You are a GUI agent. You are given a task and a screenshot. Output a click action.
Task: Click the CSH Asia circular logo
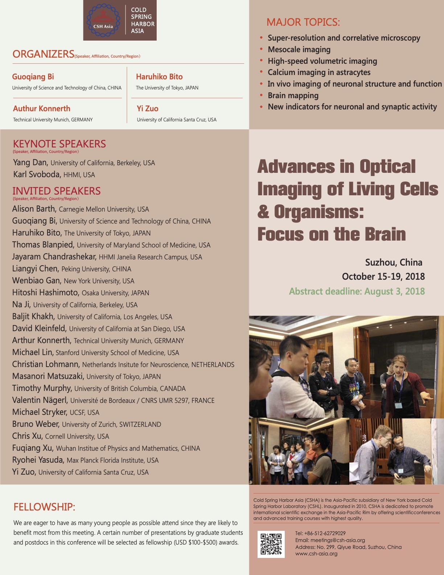[x=103, y=21]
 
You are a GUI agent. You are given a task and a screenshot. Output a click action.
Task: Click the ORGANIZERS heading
[x=43, y=54]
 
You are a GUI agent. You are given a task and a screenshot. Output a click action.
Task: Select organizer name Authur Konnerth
[x=42, y=109]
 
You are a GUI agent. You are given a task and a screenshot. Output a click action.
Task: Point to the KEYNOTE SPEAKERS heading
[x=59, y=144]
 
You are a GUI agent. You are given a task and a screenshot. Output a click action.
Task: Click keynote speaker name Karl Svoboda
[x=37, y=174]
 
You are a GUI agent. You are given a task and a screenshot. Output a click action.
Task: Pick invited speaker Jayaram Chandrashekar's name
[x=54, y=257]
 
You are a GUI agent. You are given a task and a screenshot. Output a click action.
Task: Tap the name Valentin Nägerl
[x=40, y=400]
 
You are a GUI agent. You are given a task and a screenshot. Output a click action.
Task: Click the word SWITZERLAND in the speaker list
[x=140, y=424]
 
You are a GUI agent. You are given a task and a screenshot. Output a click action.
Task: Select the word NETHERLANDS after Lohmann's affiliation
[x=213, y=364]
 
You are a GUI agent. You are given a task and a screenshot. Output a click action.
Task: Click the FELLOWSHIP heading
[x=44, y=507]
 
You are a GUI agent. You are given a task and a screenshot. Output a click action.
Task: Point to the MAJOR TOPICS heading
[x=303, y=22]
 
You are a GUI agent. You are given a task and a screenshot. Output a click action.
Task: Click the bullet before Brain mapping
[x=261, y=95]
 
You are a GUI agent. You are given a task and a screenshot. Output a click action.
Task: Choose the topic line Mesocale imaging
[x=299, y=49]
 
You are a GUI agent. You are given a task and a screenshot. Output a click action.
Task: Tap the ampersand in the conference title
[x=263, y=212]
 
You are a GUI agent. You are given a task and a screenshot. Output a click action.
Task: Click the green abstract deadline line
[x=357, y=291]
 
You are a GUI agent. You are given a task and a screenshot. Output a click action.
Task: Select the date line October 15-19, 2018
[x=383, y=276]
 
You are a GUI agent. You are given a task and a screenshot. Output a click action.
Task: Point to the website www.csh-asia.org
[x=316, y=554]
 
